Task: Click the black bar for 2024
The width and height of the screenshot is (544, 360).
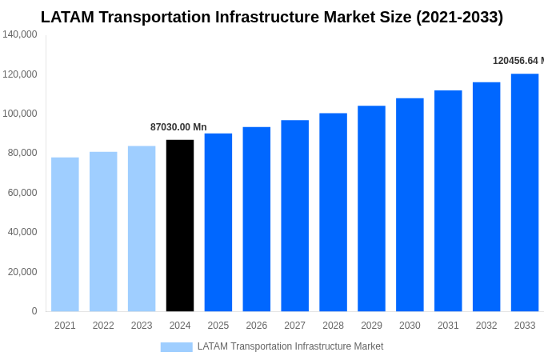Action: pos(180,226)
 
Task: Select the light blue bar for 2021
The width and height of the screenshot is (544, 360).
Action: pos(65,234)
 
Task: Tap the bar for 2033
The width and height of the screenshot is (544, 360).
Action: pos(525,193)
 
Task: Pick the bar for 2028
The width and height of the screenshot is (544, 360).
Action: pos(333,212)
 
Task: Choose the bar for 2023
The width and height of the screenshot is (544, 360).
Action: pos(142,229)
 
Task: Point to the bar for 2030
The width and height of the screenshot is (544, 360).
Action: pos(410,205)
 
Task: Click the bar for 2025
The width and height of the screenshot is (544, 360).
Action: pos(218,222)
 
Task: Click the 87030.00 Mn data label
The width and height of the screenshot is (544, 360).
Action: pos(178,127)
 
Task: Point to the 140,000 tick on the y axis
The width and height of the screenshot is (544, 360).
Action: pos(20,34)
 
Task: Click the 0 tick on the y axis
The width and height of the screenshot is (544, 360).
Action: pos(34,311)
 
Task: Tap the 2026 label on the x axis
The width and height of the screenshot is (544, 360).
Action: pos(257,326)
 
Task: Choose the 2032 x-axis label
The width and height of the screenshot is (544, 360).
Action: pos(486,326)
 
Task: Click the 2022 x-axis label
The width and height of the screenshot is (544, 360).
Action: pos(103,326)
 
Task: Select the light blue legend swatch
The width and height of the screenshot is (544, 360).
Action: pos(176,346)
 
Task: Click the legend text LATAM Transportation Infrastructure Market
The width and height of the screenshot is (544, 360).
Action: pos(290,346)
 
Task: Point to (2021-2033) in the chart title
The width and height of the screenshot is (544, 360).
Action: pos(459,17)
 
